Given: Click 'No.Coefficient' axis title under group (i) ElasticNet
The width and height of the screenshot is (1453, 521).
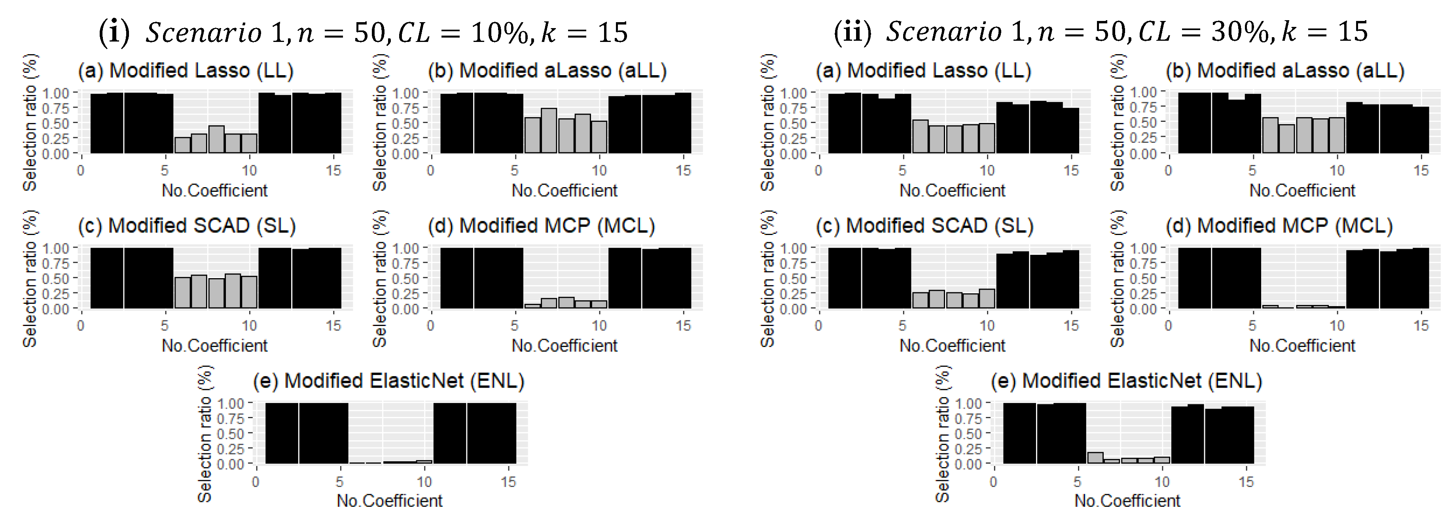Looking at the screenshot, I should tap(389, 501).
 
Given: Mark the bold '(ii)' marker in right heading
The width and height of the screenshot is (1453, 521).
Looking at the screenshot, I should tap(852, 32).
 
